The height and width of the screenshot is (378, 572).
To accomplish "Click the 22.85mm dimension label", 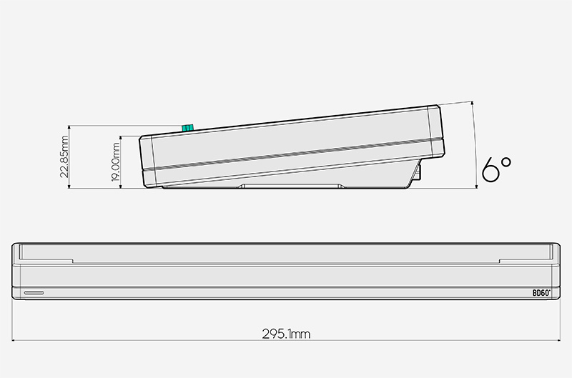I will (64, 157).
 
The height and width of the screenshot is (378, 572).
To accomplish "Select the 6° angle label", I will (496, 169).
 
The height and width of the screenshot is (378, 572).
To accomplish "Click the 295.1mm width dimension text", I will (285, 333).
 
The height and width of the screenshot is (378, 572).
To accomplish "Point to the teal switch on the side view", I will (188, 128).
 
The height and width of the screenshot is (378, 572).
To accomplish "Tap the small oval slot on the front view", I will (34, 293).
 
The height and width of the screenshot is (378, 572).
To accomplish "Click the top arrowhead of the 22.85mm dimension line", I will (69, 127).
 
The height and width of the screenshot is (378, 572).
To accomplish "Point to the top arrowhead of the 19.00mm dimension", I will (122, 136).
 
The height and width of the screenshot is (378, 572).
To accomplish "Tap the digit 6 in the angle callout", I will (490, 170).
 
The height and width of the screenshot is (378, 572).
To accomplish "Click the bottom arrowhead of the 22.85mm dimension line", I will (69, 188).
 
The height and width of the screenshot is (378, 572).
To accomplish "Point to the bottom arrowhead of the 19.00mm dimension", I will (122, 188).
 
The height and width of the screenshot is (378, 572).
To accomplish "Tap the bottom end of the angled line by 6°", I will (477, 188).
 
